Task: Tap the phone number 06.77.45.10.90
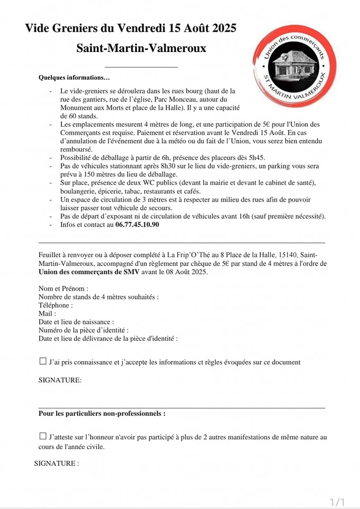pos(137,224)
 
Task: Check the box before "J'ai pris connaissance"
pos(43,362)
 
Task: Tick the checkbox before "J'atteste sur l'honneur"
pos(43,436)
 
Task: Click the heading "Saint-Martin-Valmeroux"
pos(142,48)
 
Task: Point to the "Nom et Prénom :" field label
pos(64,288)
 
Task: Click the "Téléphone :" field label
pos(56,305)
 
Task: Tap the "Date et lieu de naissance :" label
pos(76,322)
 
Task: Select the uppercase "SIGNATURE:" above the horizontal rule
pos(60,380)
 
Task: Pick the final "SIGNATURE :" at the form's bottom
pos(57,463)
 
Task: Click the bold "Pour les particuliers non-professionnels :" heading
pos(102,413)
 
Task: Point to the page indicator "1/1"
pos(337,502)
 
